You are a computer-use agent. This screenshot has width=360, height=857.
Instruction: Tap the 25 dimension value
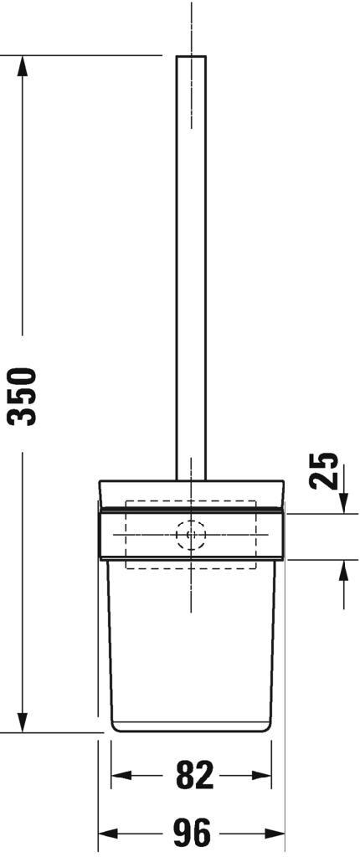[x=325, y=470]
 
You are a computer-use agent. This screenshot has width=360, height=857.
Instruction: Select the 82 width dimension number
[x=193, y=776]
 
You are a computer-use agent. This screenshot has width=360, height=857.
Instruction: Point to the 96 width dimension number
[x=192, y=834]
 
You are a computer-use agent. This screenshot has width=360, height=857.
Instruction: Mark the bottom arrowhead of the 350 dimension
[x=23, y=721]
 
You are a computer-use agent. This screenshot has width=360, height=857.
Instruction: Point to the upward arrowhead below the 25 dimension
[x=344, y=572]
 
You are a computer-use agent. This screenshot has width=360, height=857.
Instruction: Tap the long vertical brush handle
[x=191, y=268]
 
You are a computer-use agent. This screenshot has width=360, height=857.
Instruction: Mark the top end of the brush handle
[x=191, y=58]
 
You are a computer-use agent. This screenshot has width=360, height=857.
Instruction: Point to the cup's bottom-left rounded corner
[x=116, y=725]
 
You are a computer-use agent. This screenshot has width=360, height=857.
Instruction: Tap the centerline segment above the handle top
[x=192, y=25]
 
